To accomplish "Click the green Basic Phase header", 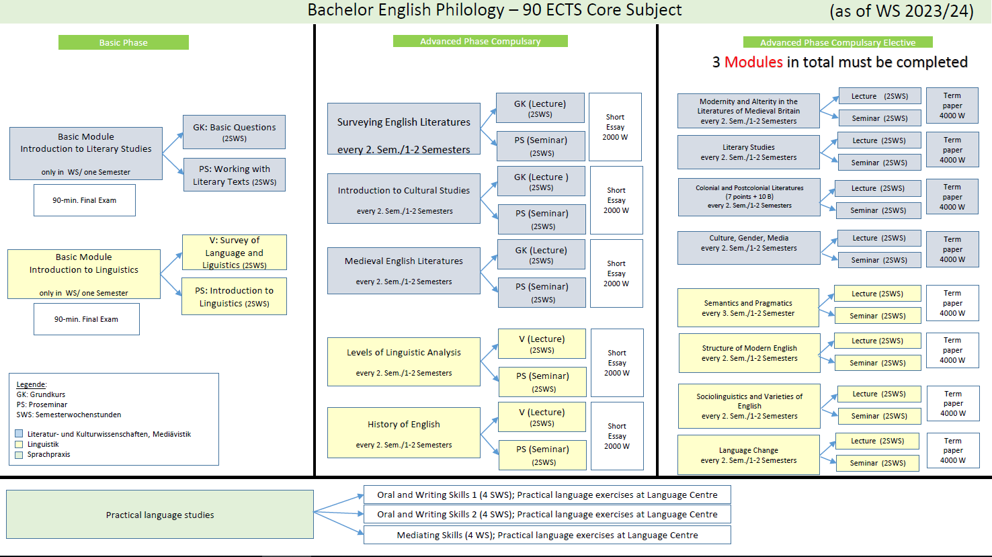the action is coord(124,42).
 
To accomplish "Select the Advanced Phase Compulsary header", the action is coord(481,41).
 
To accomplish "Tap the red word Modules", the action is coord(753,62).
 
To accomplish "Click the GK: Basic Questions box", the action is coord(235,132).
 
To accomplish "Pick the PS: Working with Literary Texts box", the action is coord(235,175).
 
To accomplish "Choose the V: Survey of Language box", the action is coord(235,253).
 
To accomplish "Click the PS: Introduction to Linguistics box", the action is coord(235,296).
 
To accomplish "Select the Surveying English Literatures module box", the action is coord(404,129).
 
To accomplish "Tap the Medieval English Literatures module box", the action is coord(404,271).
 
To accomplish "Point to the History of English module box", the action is coord(404,433).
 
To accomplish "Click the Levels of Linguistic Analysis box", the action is coord(404,361).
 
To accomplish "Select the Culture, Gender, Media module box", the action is coord(749,247).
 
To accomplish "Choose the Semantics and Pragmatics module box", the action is coord(749,308).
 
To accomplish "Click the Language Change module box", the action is coord(749,455).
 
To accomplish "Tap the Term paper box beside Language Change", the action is coord(952,451).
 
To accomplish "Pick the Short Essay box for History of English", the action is coord(617,436).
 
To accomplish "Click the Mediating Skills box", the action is coord(547,535).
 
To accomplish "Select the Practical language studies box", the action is coord(160,515).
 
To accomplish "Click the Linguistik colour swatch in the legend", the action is coord(19,444).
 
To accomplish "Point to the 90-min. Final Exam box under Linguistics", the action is coord(86,319).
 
